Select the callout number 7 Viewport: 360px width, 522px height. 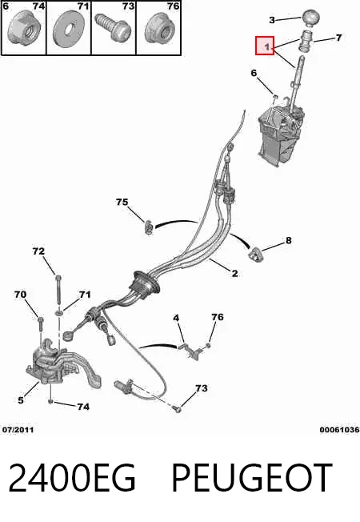(x=338, y=38)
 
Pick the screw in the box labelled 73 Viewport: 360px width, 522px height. (x=113, y=27)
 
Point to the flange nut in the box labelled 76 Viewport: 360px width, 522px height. (x=158, y=30)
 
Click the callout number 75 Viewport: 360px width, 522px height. (x=122, y=202)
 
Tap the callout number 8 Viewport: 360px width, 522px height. (x=289, y=240)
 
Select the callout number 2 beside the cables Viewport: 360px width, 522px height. (x=235, y=273)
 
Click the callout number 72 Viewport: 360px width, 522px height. (x=38, y=251)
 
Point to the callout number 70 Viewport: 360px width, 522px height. (x=20, y=295)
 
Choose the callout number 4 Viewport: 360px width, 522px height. (x=176, y=318)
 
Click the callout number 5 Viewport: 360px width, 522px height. (x=21, y=400)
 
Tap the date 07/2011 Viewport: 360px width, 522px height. (x=18, y=429)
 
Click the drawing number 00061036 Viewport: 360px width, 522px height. (x=340, y=429)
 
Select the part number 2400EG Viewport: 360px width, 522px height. (x=72, y=477)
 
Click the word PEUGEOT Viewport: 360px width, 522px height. (x=252, y=477)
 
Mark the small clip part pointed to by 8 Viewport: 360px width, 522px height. (x=255, y=255)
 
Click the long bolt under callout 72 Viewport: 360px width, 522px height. (x=58, y=289)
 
